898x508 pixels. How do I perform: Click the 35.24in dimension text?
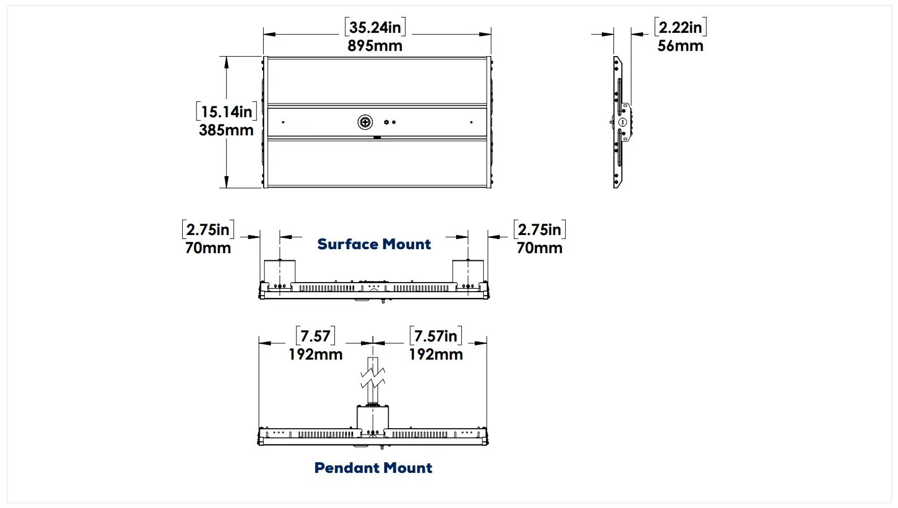[x=375, y=27]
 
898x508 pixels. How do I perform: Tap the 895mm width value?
[x=375, y=46]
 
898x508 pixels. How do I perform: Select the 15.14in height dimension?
[x=226, y=112]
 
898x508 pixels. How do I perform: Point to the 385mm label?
[x=226, y=130]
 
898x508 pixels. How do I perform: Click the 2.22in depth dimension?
[x=680, y=27]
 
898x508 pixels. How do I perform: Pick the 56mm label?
[x=680, y=46]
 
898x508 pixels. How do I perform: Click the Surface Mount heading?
[x=374, y=244]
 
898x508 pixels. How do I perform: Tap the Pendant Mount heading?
[x=373, y=468]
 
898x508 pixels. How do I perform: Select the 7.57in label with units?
[x=435, y=336]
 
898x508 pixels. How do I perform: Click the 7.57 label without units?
[x=315, y=336]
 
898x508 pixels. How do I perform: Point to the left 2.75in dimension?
[x=208, y=229]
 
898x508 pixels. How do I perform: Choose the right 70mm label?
[x=539, y=248]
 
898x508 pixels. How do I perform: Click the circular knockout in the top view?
[x=366, y=122]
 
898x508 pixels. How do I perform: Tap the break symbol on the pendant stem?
[x=373, y=377]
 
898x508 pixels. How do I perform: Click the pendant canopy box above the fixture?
[x=373, y=418]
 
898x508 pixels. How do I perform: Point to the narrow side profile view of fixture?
[x=620, y=122]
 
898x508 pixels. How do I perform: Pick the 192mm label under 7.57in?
[x=436, y=355]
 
